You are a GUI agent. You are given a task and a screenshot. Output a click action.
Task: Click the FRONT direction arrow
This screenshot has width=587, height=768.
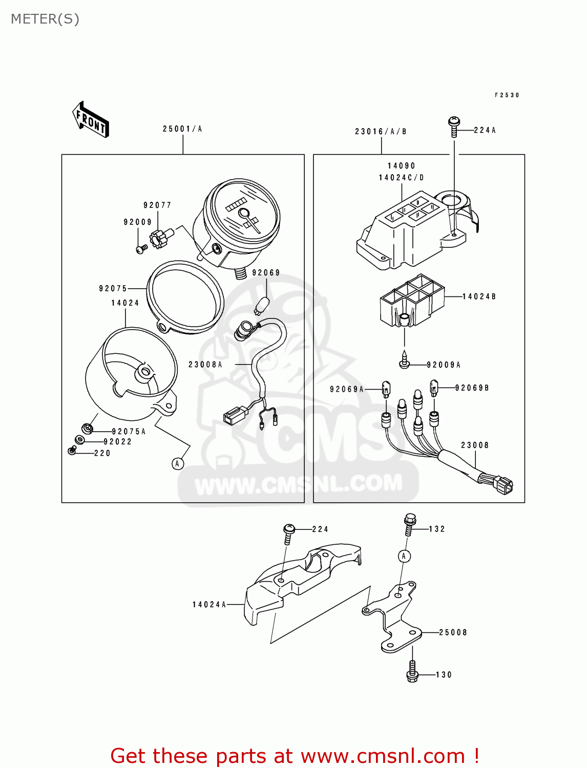point(91,119)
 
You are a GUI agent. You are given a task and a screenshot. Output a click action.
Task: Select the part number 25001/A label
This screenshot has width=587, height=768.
point(182,129)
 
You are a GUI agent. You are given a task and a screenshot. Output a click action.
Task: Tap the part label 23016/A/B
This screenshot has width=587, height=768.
point(381,132)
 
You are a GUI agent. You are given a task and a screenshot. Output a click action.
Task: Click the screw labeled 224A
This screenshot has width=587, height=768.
point(454,126)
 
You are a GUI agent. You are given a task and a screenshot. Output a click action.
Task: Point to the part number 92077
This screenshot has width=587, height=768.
point(157,205)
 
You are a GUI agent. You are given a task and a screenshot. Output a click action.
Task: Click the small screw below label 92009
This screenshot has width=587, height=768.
point(141,249)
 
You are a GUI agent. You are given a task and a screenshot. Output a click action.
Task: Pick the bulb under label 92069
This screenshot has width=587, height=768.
point(261,305)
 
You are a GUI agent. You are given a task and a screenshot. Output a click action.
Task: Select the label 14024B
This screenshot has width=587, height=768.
point(479,296)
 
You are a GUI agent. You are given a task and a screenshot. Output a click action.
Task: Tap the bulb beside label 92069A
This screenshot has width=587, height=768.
point(386,389)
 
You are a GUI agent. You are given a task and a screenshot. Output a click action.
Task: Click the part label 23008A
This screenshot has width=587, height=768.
point(205,365)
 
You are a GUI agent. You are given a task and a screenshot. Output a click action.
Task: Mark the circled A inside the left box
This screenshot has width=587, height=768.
point(177,464)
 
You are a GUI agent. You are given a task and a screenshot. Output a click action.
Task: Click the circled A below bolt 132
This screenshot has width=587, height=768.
point(404,556)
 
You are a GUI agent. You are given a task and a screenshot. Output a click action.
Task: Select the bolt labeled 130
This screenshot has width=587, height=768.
point(412,672)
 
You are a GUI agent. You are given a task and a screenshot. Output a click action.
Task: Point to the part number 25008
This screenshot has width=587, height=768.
point(453,633)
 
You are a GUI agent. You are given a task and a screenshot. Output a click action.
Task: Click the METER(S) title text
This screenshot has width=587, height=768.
point(45,19)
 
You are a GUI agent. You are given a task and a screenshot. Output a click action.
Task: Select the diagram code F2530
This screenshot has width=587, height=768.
point(507,95)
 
